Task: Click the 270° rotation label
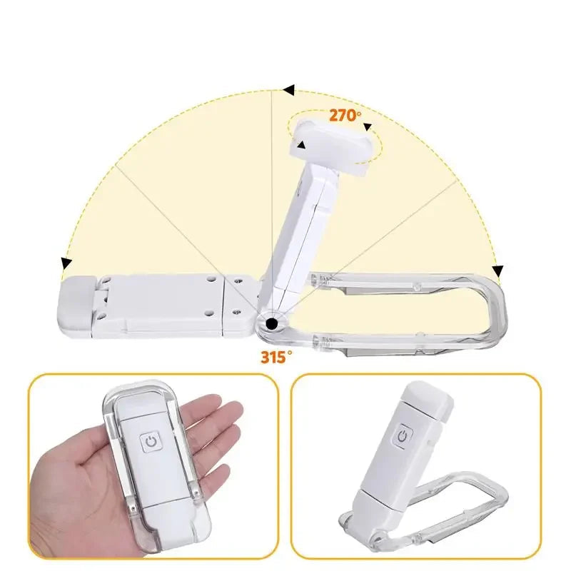[x=345, y=114]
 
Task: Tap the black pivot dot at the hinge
[x=271, y=325]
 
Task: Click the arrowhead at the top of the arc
[x=288, y=91]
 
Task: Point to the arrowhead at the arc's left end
[x=66, y=263]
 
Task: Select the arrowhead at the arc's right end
[x=498, y=271]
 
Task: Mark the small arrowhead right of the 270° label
[x=368, y=128]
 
